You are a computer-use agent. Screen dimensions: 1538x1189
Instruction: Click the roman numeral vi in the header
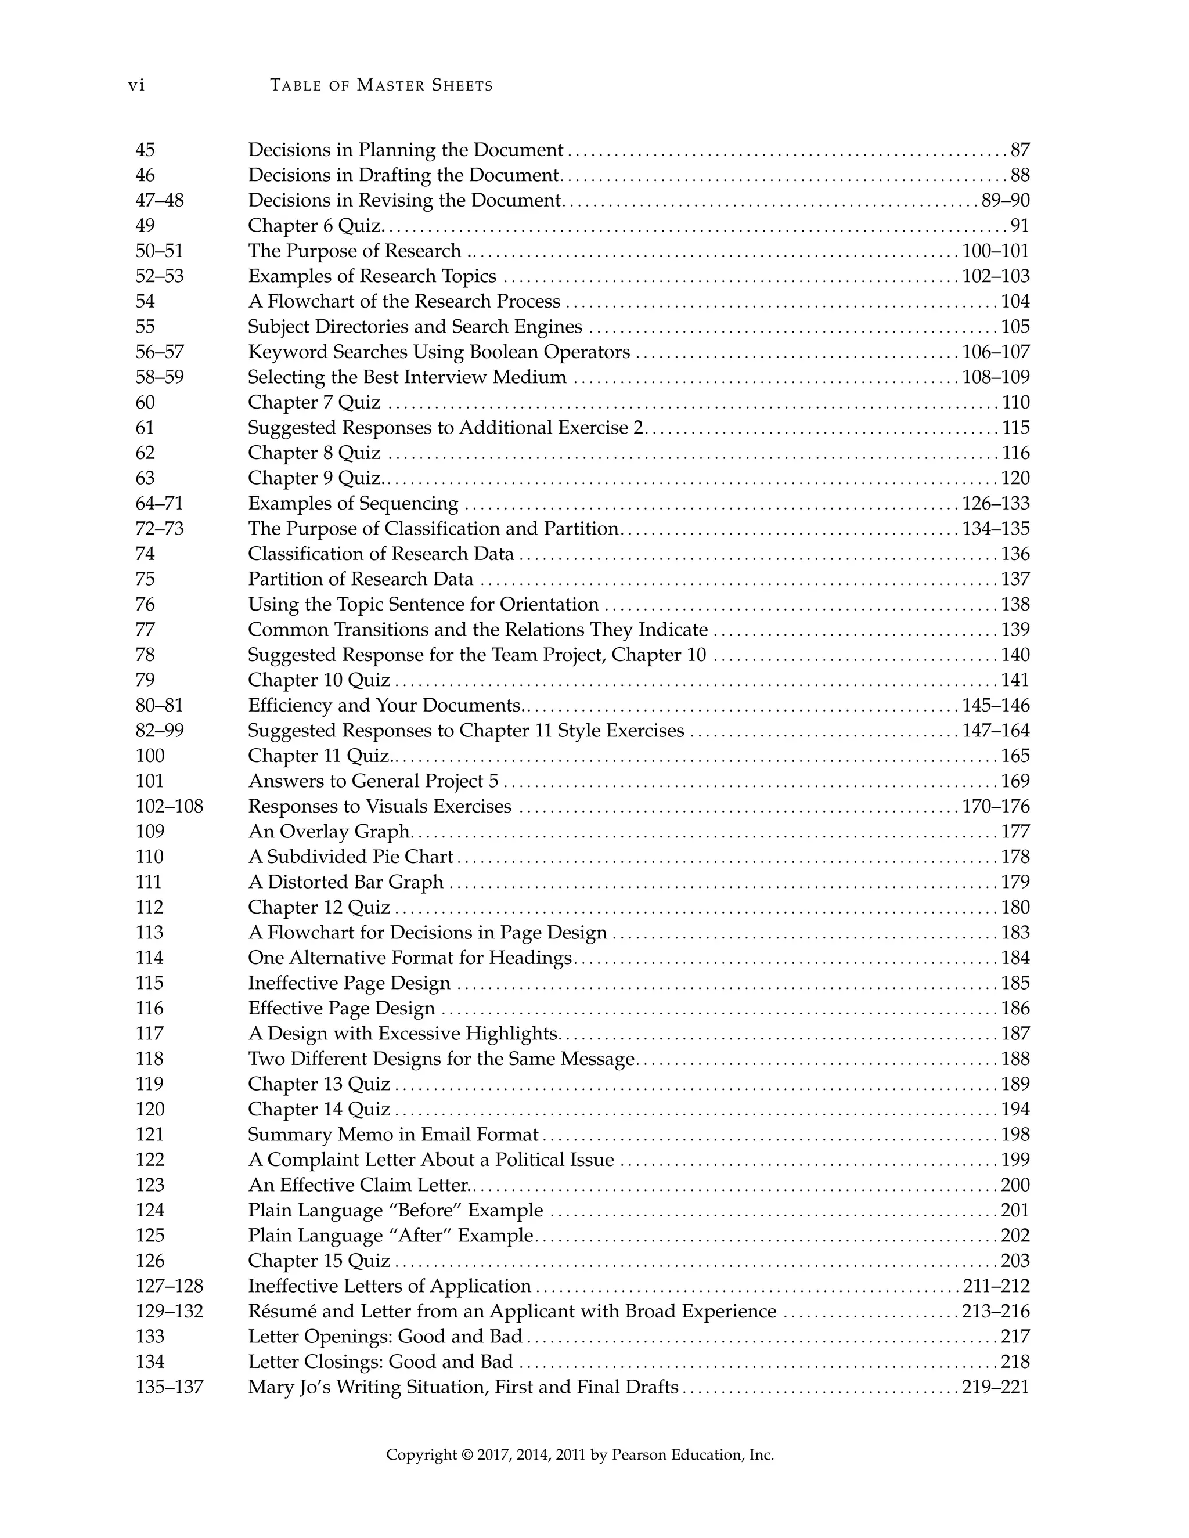136,86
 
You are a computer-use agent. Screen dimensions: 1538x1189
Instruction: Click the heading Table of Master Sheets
381,86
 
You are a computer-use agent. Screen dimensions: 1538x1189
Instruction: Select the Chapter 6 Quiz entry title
314,226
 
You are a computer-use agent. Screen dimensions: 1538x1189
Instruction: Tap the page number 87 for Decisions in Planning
1020,150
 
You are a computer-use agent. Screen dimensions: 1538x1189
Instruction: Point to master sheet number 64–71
159,504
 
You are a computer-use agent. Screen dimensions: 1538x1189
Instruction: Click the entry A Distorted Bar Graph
346,882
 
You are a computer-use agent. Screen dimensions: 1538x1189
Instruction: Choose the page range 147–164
995,731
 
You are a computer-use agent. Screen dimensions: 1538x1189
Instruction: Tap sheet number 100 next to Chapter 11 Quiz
150,756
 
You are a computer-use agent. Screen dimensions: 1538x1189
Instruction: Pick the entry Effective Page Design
341,1009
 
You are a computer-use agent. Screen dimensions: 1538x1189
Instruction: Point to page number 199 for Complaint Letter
1015,1160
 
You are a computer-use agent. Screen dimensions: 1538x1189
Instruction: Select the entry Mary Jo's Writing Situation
463,1387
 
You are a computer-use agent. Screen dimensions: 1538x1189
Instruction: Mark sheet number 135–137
169,1387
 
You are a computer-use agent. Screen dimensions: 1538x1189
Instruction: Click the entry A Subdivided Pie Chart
351,857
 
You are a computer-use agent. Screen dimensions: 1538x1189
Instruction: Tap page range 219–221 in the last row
995,1387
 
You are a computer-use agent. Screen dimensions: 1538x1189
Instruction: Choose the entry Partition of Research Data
361,580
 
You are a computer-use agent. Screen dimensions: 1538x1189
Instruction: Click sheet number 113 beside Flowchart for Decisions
149,933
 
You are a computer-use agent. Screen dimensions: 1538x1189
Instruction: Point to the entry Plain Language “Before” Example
395,1211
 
